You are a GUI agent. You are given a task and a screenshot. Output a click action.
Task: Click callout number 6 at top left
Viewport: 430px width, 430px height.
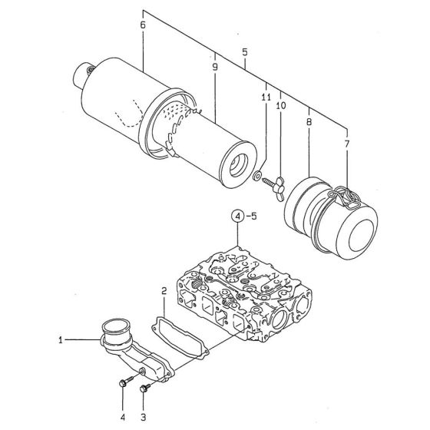click(143, 25)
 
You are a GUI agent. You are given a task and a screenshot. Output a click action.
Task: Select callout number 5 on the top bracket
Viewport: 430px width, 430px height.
click(244, 51)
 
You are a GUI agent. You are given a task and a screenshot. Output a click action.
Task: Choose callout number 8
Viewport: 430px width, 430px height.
click(308, 121)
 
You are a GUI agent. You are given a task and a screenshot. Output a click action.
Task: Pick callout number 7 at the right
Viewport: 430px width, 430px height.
click(346, 144)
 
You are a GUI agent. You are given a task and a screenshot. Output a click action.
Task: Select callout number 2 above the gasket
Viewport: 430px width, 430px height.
click(164, 290)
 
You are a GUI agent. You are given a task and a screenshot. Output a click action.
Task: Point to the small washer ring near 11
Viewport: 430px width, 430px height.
click(257, 177)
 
